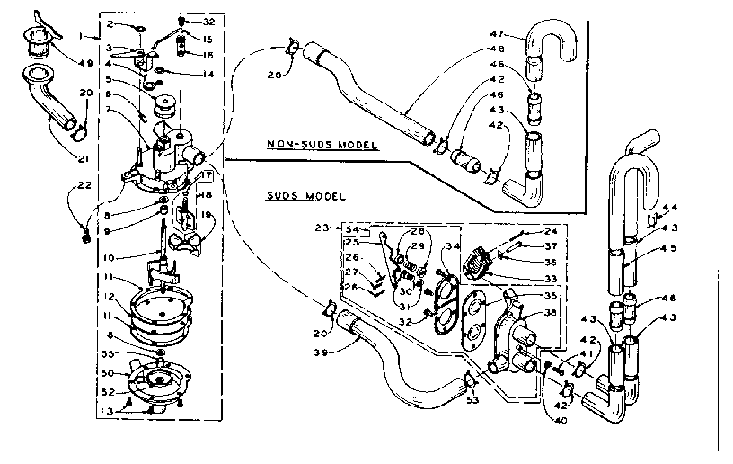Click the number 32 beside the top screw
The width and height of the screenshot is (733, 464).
point(209,20)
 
